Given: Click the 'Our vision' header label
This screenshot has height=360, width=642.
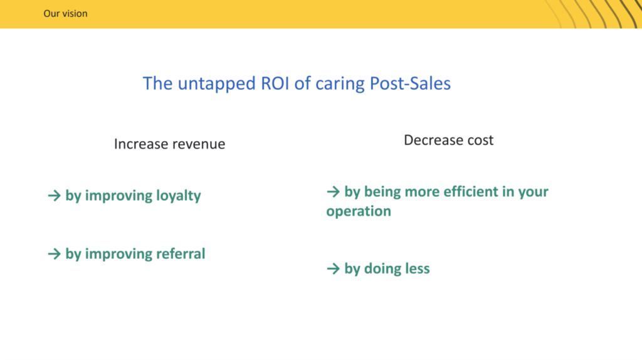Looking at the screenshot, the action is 65,14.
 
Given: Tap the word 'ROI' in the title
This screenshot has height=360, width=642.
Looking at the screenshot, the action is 275,83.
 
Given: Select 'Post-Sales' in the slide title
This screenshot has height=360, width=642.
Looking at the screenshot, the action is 410,83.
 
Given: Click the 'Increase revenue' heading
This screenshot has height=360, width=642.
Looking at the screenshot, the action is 169,144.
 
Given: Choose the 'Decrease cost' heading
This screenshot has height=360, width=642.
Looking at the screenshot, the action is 448,140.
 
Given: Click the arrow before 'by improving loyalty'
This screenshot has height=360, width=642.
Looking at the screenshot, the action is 54,195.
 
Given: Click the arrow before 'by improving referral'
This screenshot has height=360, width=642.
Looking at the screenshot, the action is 54,254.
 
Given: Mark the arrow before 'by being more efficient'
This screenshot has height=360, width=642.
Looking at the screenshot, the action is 334,191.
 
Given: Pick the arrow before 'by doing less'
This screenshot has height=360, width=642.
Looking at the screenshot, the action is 334,268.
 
